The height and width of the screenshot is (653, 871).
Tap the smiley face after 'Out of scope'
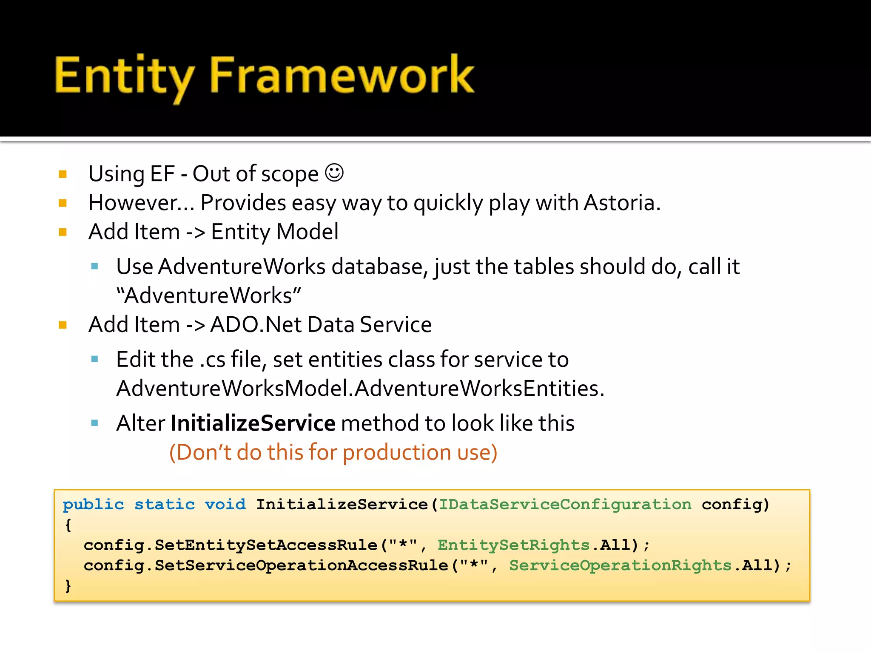(x=334, y=173)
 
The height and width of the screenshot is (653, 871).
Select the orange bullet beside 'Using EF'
(x=63, y=174)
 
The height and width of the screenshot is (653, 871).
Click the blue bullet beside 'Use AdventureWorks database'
(x=95, y=267)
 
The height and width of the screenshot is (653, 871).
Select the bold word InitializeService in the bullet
(x=253, y=423)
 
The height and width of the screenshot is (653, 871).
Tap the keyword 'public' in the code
(x=93, y=505)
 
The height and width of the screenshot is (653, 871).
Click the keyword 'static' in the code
(x=165, y=505)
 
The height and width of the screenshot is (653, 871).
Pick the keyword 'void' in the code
(x=225, y=505)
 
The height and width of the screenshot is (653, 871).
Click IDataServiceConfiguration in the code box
(x=565, y=505)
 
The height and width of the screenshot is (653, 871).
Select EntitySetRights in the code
(x=513, y=545)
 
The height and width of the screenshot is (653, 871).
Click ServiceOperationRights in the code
(x=620, y=566)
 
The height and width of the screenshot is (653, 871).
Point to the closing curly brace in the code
(x=68, y=586)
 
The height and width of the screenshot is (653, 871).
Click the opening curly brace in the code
(x=68, y=525)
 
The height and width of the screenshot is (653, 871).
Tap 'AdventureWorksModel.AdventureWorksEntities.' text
(x=360, y=389)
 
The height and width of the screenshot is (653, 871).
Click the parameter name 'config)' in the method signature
(x=735, y=505)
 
